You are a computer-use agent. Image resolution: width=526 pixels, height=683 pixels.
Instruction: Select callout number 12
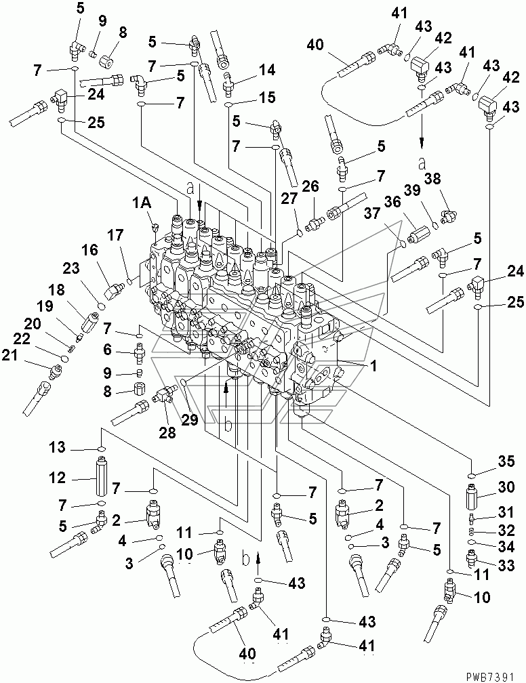58,478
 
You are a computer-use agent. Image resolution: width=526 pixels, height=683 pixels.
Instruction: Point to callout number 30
506,487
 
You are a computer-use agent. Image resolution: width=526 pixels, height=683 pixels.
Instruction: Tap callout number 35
506,461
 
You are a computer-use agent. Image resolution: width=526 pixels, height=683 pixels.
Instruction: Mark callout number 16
89,251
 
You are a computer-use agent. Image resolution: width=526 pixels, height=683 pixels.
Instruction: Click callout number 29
190,420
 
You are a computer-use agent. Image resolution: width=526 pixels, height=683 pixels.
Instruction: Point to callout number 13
57,447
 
